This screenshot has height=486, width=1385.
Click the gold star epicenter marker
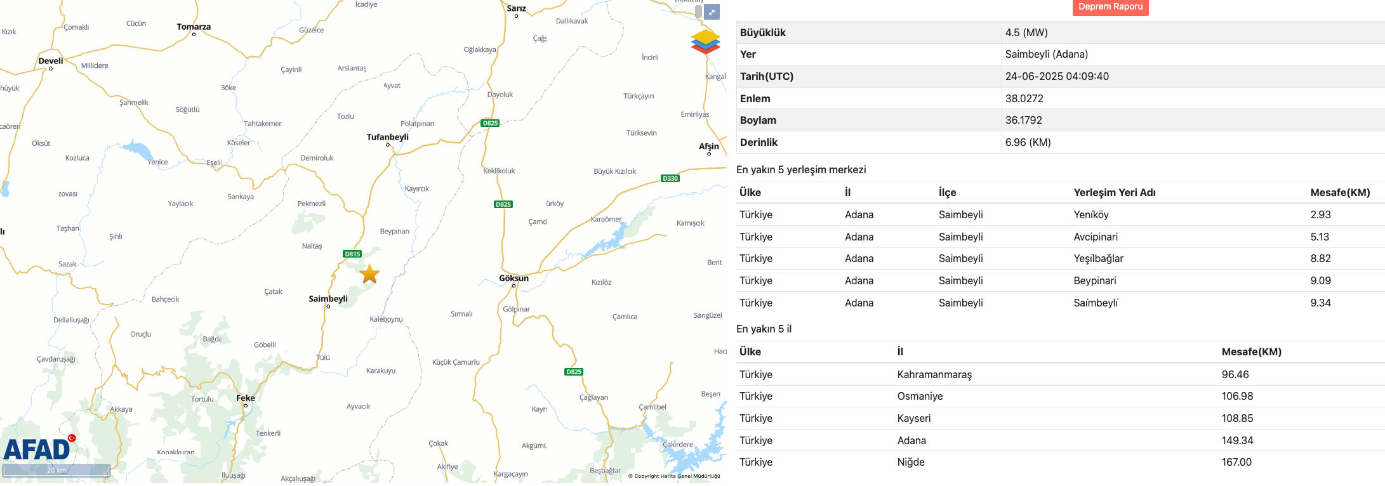[369, 274]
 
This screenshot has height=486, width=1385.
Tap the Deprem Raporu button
[1110, 7]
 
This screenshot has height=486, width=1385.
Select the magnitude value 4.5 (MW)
[1026, 32]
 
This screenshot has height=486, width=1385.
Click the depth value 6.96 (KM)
[1028, 142]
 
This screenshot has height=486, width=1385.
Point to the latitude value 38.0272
[1024, 98]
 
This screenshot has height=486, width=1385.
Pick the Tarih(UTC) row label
[766, 76]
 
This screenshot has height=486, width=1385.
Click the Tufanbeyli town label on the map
[387, 137]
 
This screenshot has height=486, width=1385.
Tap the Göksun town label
[514, 278]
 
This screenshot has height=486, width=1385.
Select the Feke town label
[246, 398]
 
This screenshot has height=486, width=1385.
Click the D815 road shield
[352, 254]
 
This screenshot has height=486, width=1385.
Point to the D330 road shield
[670, 178]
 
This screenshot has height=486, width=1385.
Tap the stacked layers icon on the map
[705, 42]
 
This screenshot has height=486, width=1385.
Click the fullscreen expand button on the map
[713, 12]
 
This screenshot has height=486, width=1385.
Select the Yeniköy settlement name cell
[1090, 214]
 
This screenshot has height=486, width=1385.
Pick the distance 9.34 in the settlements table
[1320, 303]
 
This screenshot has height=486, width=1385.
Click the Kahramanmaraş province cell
[934, 374]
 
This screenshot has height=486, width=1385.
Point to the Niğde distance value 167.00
[1236, 462]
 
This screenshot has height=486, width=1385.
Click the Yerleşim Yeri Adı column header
[1114, 192]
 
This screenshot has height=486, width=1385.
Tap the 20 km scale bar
[56, 470]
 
